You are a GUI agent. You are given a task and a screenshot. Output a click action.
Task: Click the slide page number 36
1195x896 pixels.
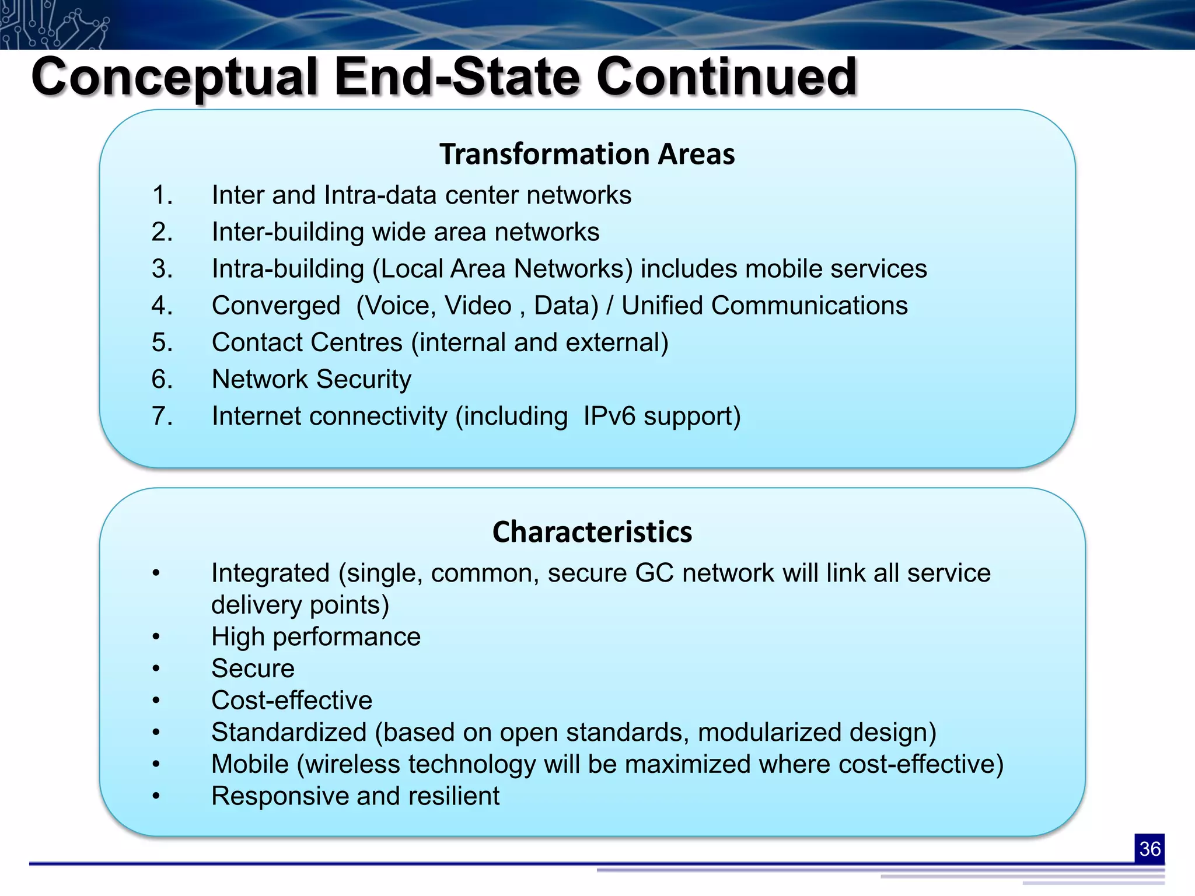pyautogui.click(x=1149, y=848)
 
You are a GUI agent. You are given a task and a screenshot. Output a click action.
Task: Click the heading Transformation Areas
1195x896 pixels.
pyautogui.click(x=586, y=155)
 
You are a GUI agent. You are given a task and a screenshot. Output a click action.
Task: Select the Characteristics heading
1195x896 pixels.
pyautogui.click(x=592, y=532)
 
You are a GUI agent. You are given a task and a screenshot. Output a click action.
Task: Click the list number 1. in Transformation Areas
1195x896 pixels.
pyautogui.click(x=162, y=195)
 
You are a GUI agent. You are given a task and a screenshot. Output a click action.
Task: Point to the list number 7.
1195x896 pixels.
pyautogui.click(x=162, y=416)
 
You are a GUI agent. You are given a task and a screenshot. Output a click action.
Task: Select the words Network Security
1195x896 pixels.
pyautogui.click(x=311, y=379)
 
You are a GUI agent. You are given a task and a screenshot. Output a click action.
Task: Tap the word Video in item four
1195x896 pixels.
pyautogui.click(x=477, y=306)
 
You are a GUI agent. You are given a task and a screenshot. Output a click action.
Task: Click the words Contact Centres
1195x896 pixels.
pyautogui.click(x=307, y=342)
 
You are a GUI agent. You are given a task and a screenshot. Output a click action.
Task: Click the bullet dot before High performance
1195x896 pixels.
pyautogui.click(x=156, y=637)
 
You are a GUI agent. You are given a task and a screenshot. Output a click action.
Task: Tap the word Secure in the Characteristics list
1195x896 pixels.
pyautogui.click(x=253, y=668)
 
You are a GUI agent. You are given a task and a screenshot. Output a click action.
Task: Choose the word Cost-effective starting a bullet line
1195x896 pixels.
pyautogui.click(x=292, y=701)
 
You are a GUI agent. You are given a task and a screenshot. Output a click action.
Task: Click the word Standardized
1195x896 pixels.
pyautogui.click(x=288, y=732)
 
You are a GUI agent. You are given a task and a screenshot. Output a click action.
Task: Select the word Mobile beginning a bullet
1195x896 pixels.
pyautogui.click(x=250, y=764)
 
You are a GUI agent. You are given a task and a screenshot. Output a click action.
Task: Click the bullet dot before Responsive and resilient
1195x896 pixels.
pyautogui.click(x=156, y=796)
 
